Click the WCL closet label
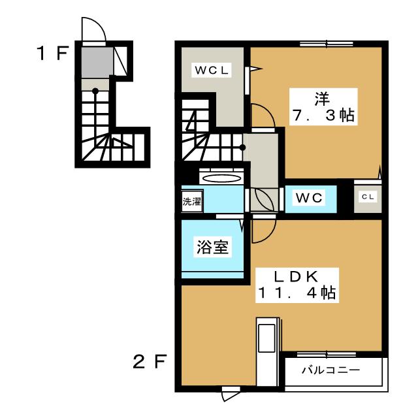tap(212, 70)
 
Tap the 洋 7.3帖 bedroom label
tap(323, 107)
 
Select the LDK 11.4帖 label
tap(297, 285)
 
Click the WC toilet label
tap(309, 197)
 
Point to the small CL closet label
tap(368, 197)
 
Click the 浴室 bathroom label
tap(212, 247)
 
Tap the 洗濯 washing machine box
tap(192, 201)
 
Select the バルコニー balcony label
tap(331, 370)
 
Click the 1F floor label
tap(52, 53)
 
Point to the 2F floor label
tap(150, 361)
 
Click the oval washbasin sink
tap(221, 178)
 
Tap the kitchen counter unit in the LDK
tap(267, 351)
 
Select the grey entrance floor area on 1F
tap(97, 63)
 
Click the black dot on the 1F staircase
tap(95, 91)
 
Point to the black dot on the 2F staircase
tap(242, 147)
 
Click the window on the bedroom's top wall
tap(327, 44)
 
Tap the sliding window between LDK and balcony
tap(327, 354)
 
